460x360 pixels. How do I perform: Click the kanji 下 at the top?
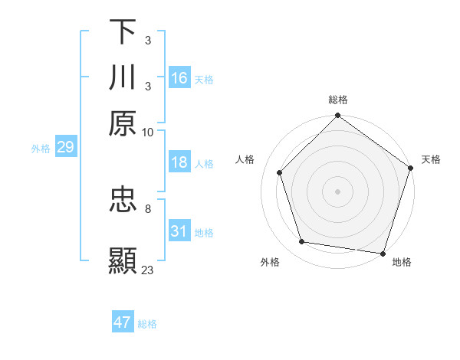tap(123, 32)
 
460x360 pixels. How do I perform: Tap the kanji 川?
tap(123, 77)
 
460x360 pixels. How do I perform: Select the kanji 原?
tap(123, 123)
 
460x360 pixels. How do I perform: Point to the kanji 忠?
tap(123, 200)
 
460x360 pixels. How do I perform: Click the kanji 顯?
tap(123, 261)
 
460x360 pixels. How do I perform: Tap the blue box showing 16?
tap(179, 78)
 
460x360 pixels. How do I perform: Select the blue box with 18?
tap(179, 162)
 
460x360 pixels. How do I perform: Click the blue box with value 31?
tap(179, 231)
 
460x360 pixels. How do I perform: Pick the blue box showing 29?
tap(65, 147)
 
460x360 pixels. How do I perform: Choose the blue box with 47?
tap(123, 322)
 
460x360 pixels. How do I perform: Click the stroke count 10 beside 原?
tap(147, 132)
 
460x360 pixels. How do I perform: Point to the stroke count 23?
tap(148, 270)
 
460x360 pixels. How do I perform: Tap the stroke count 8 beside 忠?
tap(148, 208)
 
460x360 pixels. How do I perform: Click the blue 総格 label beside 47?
tap(147, 324)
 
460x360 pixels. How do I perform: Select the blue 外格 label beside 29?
tap(41, 149)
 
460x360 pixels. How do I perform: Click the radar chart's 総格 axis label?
tap(338, 100)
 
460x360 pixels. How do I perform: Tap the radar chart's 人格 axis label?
tap(245, 159)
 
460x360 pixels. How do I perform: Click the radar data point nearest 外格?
tap(303, 242)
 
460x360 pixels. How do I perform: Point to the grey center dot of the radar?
tap(337, 191)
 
